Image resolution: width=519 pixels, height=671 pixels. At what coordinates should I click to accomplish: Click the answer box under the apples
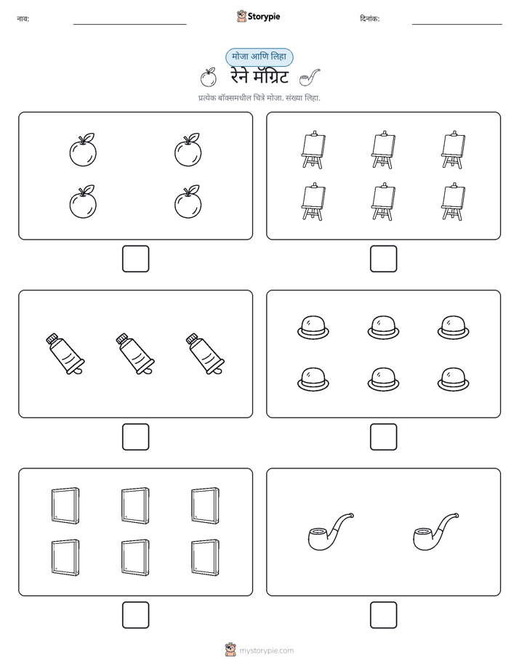coord(136,259)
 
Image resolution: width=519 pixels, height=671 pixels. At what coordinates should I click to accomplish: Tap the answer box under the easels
coord(383,259)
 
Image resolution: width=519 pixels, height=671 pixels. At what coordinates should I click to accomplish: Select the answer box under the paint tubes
coord(136,437)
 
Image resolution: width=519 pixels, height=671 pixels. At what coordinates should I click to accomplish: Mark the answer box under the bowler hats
coord(383,437)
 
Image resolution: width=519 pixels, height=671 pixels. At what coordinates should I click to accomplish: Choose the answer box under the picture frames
coord(136,615)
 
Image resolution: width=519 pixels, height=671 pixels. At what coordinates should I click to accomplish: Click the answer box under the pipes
coord(383,615)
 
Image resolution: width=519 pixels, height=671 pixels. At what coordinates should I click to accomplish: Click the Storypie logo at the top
coord(258,17)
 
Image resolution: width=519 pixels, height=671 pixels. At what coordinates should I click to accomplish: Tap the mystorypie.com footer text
coord(266,651)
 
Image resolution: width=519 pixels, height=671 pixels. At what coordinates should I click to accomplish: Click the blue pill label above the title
coord(259,57)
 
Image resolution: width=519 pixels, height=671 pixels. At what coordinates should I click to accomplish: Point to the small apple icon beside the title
coord(208,78)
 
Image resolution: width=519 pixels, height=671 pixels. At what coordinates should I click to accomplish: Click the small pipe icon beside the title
coord(310,78)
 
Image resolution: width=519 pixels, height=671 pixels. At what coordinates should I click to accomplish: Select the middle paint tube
coord(135,354)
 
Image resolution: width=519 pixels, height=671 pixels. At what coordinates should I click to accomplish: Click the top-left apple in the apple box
coord(83,150)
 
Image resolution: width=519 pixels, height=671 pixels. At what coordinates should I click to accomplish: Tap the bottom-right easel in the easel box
coord(453,202)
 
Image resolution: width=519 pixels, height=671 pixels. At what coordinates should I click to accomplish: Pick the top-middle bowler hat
coord(383,328)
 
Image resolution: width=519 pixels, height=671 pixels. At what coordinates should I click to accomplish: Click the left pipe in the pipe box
coord(331,532)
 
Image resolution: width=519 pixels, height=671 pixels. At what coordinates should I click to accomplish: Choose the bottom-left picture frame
coord(65,557)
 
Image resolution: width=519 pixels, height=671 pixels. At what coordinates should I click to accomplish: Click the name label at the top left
coord(23,19)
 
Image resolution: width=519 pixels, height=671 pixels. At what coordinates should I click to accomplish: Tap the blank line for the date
coord(457,25)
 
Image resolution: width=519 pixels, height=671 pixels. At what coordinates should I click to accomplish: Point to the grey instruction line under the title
coord(259,98)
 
